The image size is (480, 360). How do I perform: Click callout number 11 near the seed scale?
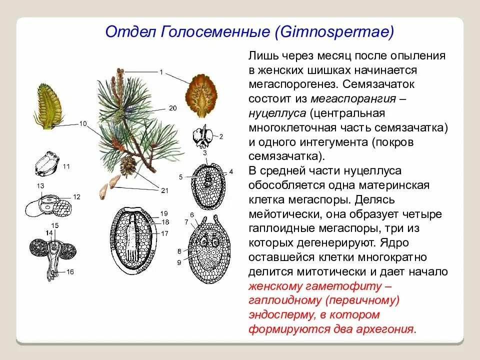(x=66, y=166)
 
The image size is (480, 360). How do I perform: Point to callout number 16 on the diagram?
(x=70, y=272)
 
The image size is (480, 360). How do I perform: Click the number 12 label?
(x=76, y=197)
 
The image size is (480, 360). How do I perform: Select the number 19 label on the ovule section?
(x=164, y=214)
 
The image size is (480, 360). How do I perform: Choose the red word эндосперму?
(x=280, y=315)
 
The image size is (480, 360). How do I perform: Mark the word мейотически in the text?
(x=282, y=214)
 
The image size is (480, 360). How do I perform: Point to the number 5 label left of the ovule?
(x=180, y=176)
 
